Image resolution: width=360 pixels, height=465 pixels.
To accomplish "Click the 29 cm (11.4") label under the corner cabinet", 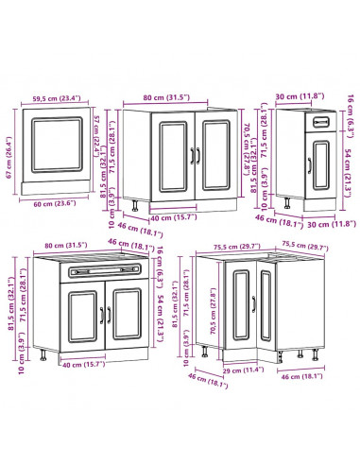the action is coord(242,371).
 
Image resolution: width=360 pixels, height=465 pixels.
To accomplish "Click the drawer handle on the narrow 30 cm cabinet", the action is coord(318,123).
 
